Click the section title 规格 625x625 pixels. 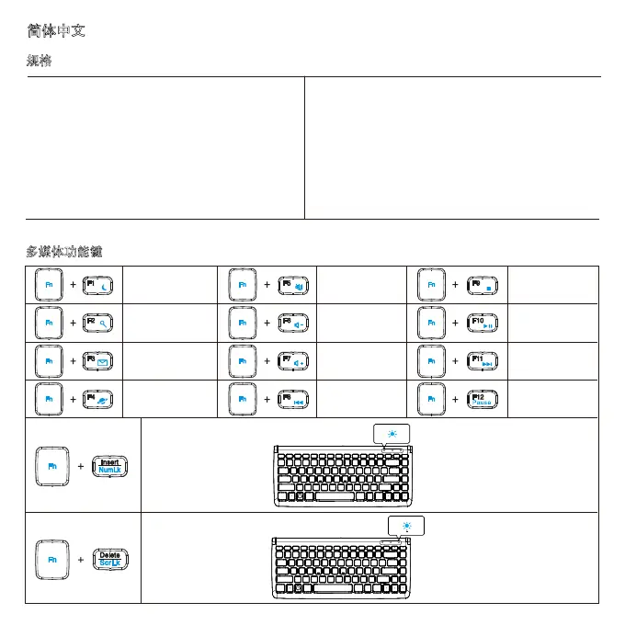pos(39,61)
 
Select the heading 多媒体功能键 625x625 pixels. pos(64,251)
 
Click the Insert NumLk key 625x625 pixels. pos(109,467)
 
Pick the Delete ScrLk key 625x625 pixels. pos(109,559)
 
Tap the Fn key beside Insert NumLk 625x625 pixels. pos(52,467)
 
